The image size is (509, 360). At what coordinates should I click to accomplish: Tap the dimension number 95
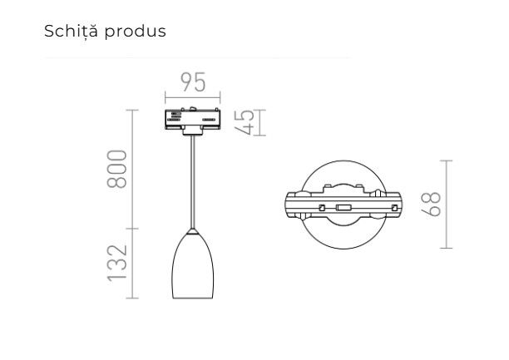click(194, 83)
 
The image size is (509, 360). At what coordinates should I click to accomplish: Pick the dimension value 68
click(431, 204)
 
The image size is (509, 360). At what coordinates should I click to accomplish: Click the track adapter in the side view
click(193, 120)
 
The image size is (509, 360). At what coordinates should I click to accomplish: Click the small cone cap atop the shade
click(193, 229)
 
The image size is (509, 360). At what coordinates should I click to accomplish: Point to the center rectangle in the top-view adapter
click(342, 204)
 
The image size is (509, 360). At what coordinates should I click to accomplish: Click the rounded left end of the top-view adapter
click(288, 204)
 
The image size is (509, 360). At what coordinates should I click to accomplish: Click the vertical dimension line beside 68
click(447, 204)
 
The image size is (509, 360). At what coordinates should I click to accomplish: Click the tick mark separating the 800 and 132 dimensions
click(133, 227)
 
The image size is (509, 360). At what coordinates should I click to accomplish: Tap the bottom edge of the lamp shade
click(193, 297)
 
